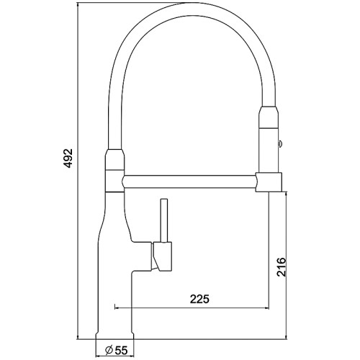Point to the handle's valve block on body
[x=161, y=255]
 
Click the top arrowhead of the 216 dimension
[x=289, y=195]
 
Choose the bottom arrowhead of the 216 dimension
[x=289, y=336]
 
